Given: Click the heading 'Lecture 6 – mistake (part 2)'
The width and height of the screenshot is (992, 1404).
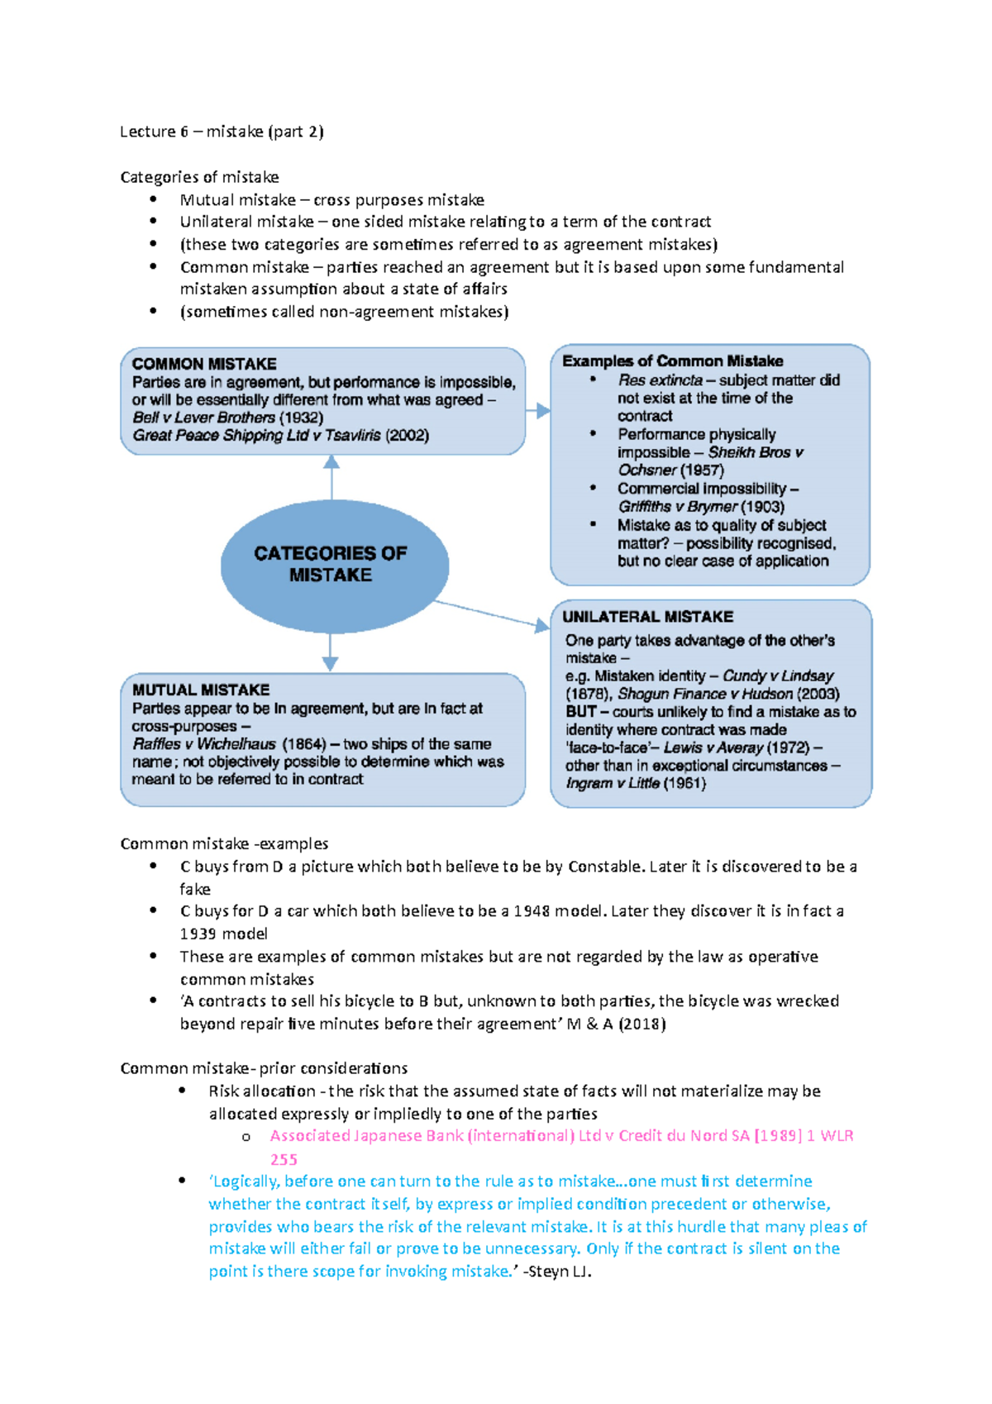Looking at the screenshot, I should tap(222, 131).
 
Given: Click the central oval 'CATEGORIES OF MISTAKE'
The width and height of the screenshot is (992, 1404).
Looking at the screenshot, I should tap(331, 564).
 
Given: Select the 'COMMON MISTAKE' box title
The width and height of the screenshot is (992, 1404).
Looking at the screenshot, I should tap(204, 364).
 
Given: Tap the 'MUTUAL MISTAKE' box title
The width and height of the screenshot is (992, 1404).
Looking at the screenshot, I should tap(201, 690).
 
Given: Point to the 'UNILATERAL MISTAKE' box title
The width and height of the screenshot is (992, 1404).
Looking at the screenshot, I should tap(647, 617).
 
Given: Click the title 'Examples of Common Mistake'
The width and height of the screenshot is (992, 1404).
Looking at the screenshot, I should tap(672, 361).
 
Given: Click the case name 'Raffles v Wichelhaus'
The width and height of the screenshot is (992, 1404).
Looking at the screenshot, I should tap(204, 744).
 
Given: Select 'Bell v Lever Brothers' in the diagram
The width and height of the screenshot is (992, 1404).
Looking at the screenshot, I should tap(203, 418).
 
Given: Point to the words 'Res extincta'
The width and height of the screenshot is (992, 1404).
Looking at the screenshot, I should tap(660, 380).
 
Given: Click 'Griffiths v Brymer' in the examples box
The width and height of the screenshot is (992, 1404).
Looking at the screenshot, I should tap(677, 507).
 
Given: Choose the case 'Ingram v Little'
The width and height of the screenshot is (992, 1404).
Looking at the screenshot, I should tap(613, 783).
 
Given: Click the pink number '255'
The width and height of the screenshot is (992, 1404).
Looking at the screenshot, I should tap(284, 1159).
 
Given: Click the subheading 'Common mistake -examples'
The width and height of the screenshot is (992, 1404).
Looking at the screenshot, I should tap(224, 843).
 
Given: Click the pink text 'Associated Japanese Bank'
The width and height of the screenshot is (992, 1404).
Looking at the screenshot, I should tap(367, 1136).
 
